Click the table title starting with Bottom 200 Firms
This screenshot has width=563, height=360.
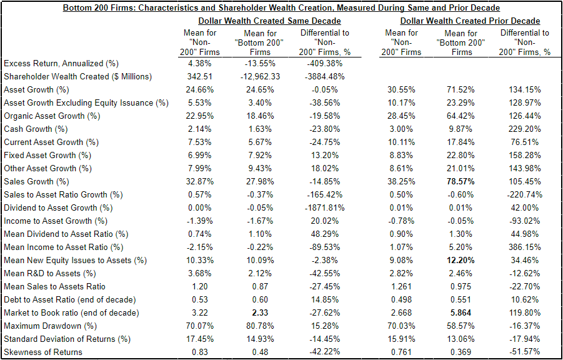tap(281, 8)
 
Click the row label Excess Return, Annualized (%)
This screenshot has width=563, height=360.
tap(61, 63)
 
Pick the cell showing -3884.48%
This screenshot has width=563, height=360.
tap(324, 76)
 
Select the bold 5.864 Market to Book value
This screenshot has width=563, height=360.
tap(461, 312)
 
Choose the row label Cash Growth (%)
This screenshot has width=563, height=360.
tap(36, 129)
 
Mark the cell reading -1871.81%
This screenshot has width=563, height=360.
tap(324, 207)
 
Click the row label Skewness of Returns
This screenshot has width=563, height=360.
tap(43, 352)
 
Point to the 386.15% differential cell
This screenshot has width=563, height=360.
tap(524, 247)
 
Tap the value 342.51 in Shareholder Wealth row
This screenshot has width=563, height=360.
tap(200, 76)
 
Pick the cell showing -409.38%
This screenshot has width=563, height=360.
tap(324, 63)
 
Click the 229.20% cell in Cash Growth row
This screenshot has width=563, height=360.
tap(524, 129)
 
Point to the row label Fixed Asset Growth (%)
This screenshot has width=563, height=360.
tap(47, 155)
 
